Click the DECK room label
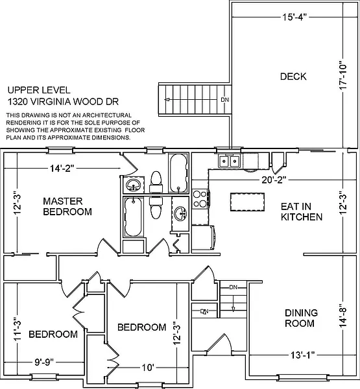[x=293, y=77]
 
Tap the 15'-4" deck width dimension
[x=294, y=17]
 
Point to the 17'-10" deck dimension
[x=343, y=76]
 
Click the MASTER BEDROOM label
[x=67, y=206]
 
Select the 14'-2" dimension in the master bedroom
[x=62, y=169]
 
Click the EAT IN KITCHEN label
[x=302, y=211]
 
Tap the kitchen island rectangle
[x=247, y=202]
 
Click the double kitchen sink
[x=229, y=161]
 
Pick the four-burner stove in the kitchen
[x=200, y=199]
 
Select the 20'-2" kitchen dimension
[x=274, y=180]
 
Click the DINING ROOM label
[x=301, y=318]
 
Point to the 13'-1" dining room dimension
[x=303, y=355]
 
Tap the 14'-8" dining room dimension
[x=343, y=316]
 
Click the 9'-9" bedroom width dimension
[x=44, y=362]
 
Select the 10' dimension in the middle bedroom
[x=148, y=368]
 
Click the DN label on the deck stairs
[x=225, y=100]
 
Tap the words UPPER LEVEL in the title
[x=39, y=90]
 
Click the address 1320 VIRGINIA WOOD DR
[x=63, y=102]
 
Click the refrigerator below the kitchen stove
[x=203, y=238]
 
